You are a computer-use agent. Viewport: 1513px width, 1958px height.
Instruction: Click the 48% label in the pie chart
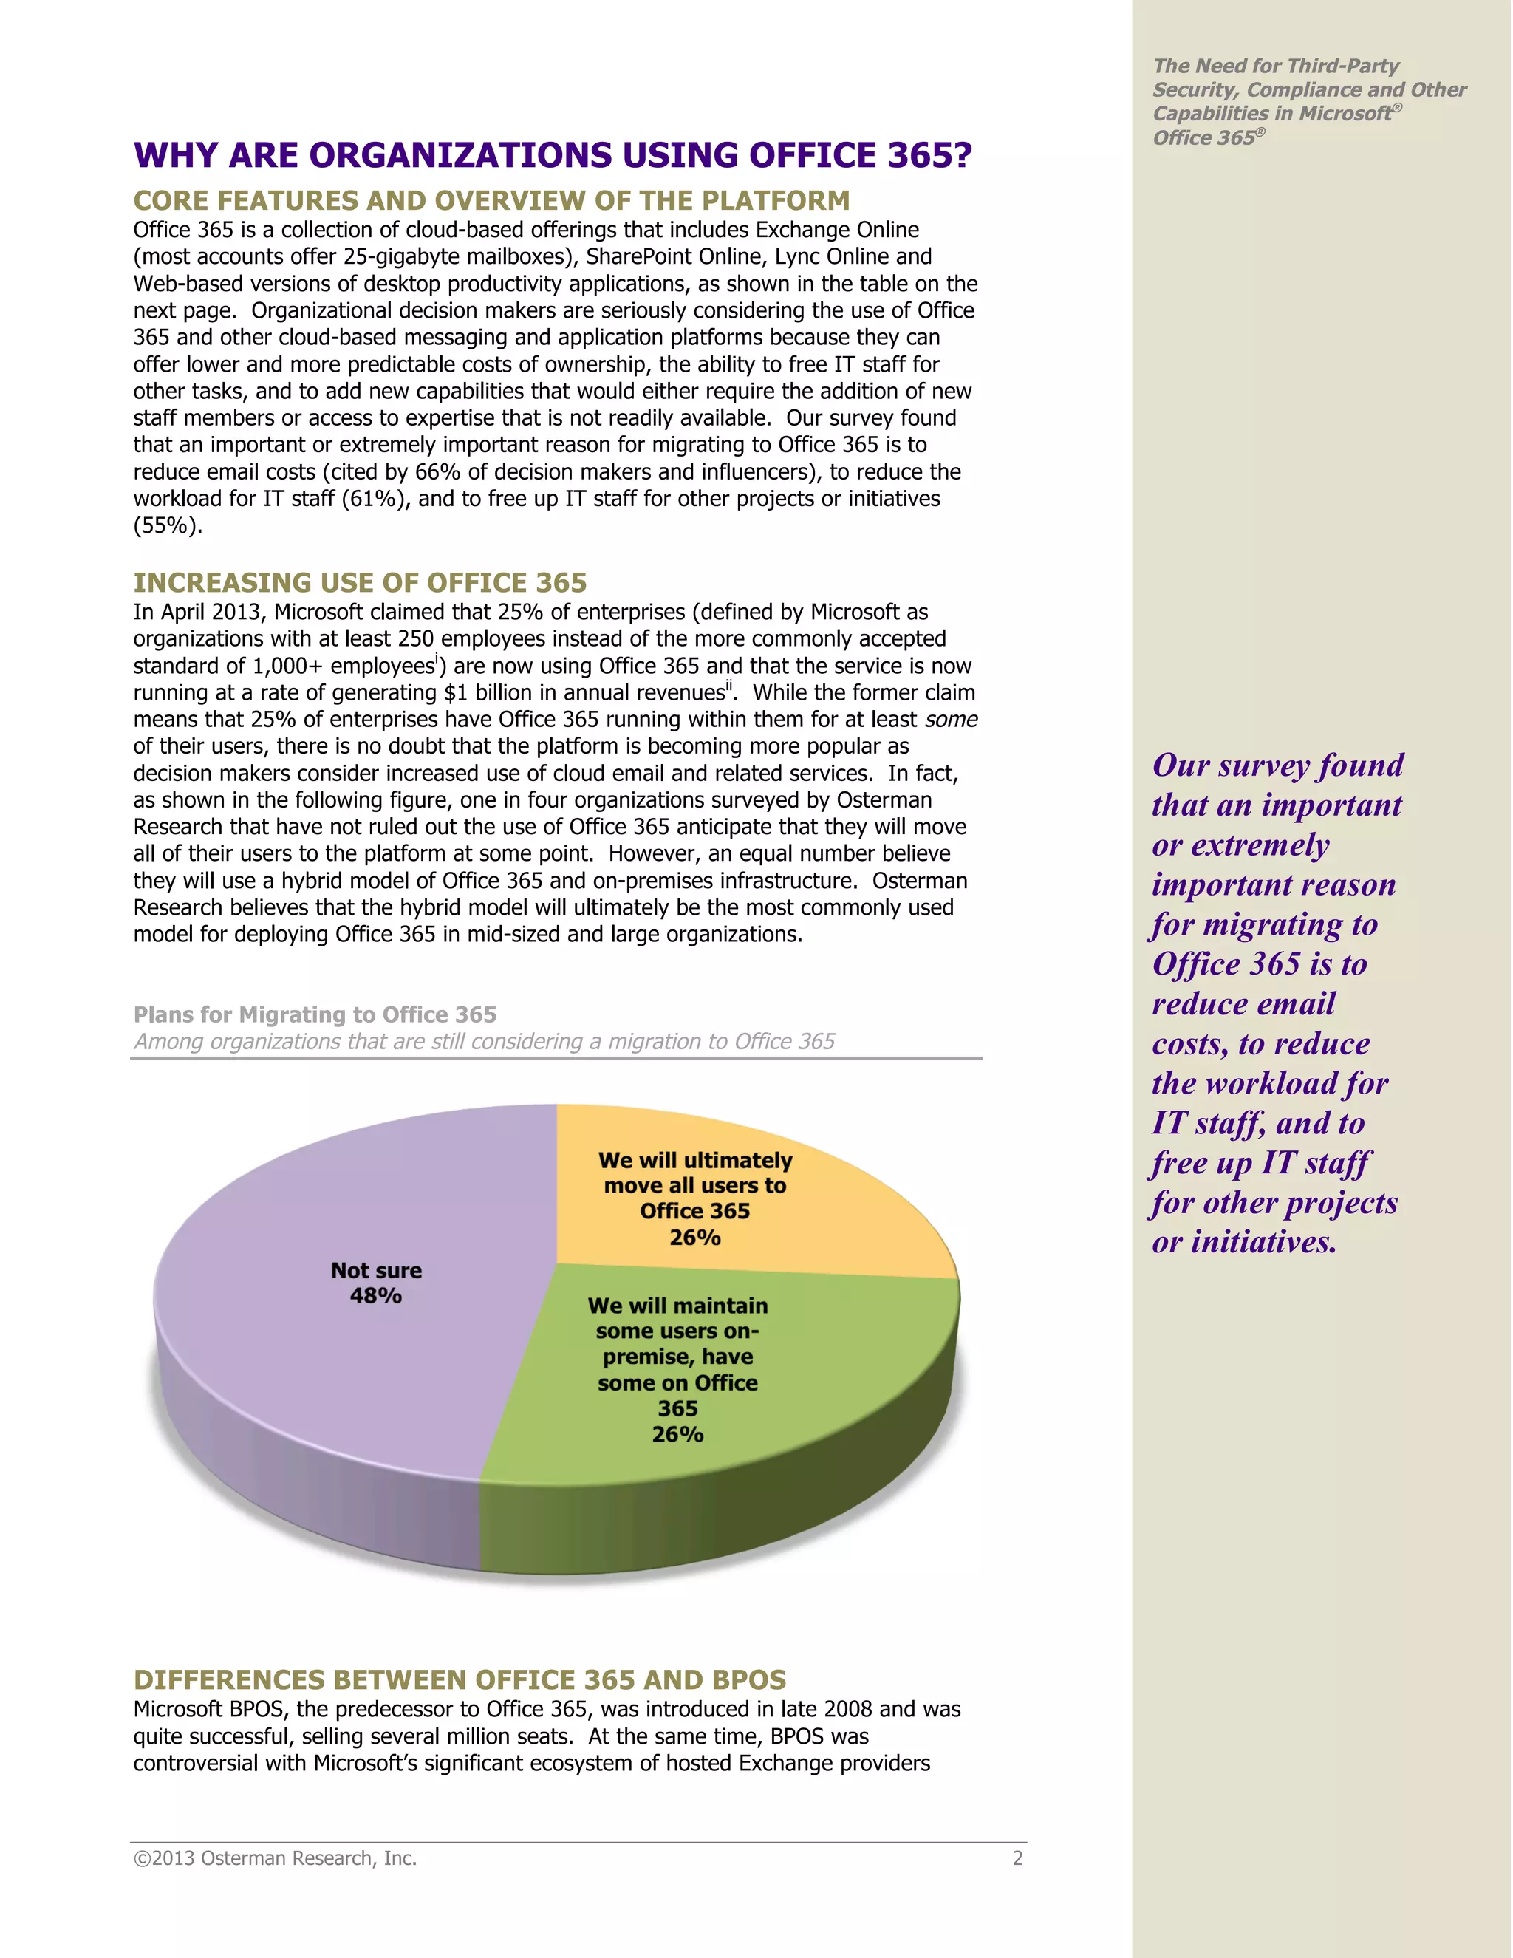pos(375,1295)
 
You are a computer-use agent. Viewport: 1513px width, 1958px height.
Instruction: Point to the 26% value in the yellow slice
pos(694,1237)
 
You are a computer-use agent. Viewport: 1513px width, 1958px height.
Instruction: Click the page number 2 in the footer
pos(1017,1858)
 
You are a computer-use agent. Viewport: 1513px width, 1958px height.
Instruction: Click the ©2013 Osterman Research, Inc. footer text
pos(275,1858)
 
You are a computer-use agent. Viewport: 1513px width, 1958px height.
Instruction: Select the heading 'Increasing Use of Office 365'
pos(360,583)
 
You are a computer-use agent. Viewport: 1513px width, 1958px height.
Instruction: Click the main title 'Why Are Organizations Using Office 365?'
pos(552,155)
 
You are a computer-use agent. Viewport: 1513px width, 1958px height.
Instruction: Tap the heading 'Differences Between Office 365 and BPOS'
pos(459,1679)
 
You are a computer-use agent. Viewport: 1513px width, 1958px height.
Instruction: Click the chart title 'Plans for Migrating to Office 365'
pos(315,1014)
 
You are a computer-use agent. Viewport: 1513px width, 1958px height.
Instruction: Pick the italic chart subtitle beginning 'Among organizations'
pos(484,1041)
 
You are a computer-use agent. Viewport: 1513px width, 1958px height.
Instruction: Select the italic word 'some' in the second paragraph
pos(951,720)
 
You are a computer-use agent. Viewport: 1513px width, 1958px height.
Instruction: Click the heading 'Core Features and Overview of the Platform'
pos(491,201)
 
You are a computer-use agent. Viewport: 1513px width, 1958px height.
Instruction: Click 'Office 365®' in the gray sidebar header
pos(1207,137)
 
